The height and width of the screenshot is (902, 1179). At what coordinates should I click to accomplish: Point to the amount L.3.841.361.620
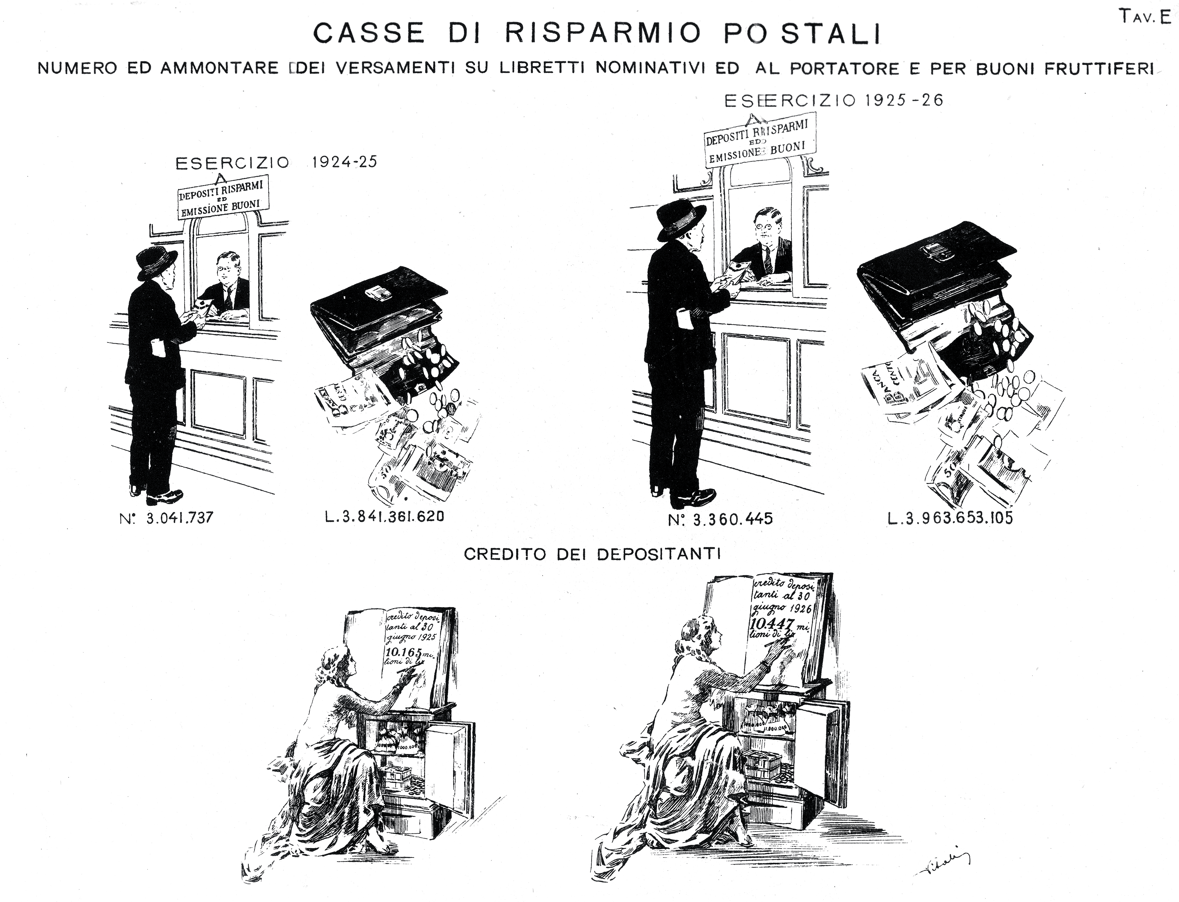coord(384,517)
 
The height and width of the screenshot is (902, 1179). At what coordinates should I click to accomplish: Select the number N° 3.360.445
coord(720,519)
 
